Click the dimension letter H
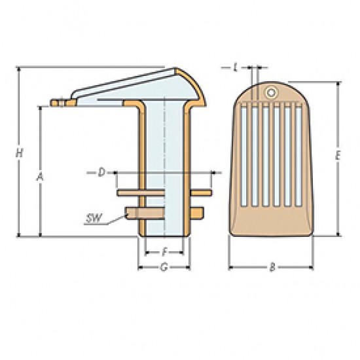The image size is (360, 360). tap(19, 153)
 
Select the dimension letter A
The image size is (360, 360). tap(40, 177)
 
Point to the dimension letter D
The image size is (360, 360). tap(101, 172)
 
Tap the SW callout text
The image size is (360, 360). tap(93, 218)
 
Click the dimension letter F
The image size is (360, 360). tap(164, 253)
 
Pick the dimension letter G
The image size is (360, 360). tap(164, 267)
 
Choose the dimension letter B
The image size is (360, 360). tap(272, 267)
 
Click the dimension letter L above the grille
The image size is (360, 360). tap(235, 67)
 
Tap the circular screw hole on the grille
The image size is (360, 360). tap(271, 92)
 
